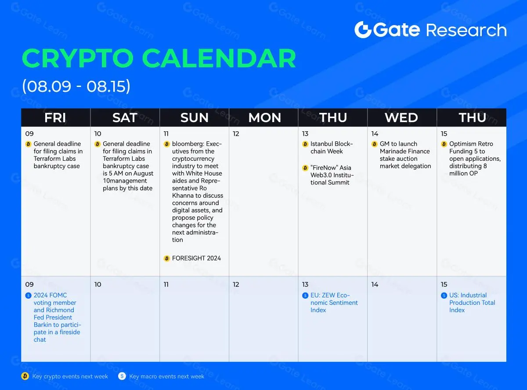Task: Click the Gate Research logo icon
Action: [363, 30]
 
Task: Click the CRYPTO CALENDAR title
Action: [159, 58]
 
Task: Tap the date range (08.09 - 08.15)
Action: [76, 86]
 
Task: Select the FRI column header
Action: [55, 117]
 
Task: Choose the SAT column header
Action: [125, 117]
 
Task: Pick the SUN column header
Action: [195, 117]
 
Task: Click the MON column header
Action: [264, 117]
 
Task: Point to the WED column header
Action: [401, 117]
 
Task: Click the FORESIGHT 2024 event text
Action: [196, 258]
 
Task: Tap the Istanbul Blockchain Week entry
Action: [332, 148]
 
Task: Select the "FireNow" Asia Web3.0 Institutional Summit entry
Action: [332, 175]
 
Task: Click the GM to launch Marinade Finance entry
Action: [405, 155]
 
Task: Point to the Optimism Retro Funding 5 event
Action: [475, 159]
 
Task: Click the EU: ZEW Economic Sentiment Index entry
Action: [334, 303]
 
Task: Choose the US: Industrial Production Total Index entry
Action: [472, 303]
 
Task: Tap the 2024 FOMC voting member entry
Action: [57, 317]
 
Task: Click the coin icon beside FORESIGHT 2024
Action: [167, 258]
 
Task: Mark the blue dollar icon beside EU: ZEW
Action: [305, 296]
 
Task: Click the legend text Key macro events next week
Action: [166, 376]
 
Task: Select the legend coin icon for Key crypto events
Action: [25, 376]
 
